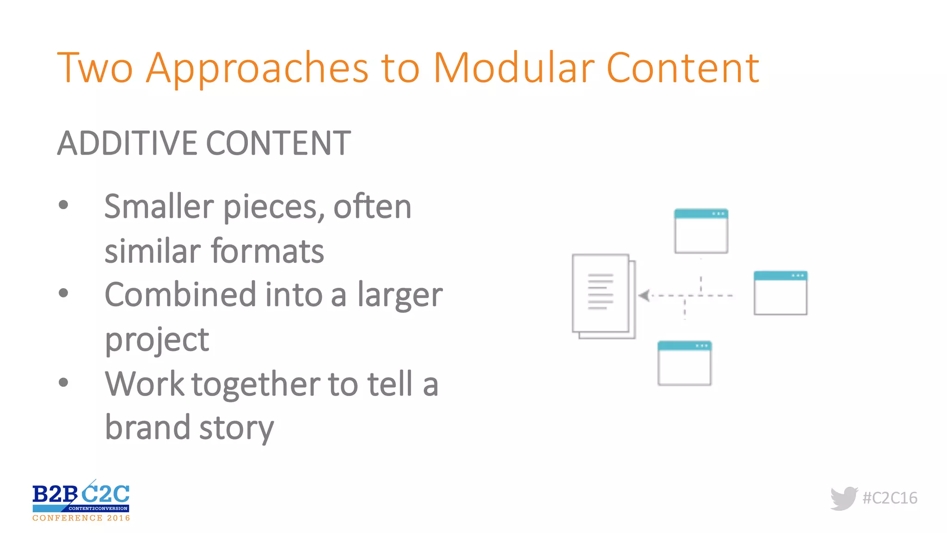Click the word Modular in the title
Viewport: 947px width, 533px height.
point(513,68)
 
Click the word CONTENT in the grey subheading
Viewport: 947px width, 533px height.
point(278,143)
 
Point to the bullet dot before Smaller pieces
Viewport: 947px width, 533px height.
point(64,205)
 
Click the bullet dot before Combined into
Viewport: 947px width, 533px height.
point(64,293)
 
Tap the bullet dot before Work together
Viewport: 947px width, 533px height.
point(64,382)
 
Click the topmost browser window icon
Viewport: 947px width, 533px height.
point(701,231)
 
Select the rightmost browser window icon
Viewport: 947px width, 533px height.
point(780,293)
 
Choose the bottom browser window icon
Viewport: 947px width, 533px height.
point(684,363)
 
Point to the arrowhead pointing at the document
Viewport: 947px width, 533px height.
point(644,295)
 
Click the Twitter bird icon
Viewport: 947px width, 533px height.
point(843,498)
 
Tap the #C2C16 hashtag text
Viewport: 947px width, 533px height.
point(890,498)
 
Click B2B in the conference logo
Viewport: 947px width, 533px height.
point(55,494)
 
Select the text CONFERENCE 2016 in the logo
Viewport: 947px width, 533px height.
point(81,518)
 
